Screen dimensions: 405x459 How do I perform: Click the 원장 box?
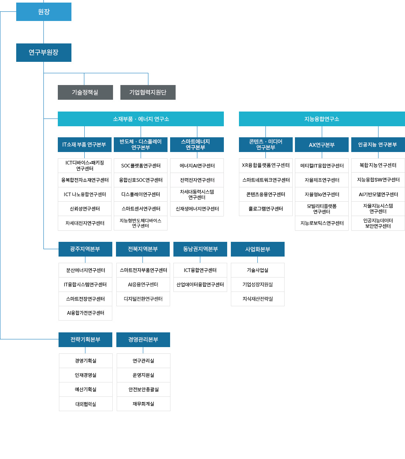44,12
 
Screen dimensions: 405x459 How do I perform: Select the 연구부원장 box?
44,53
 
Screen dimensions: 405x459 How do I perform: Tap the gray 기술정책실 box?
85,92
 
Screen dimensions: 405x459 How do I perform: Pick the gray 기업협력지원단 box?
148,92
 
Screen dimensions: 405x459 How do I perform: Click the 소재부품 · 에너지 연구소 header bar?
141,119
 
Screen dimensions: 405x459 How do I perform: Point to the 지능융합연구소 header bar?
322,119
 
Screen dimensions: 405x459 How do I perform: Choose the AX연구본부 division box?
321,145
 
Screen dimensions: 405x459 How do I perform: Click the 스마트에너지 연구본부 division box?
197,145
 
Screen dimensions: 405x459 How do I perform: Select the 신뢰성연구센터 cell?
85,209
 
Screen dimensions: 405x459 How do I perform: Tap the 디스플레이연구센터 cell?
141,194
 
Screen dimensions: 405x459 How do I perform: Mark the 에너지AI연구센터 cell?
197,166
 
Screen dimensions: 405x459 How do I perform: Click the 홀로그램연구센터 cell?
265,209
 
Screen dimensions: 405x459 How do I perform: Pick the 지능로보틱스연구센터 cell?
321,223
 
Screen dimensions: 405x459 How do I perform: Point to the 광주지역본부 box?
85,249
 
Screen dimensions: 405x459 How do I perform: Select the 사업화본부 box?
258,249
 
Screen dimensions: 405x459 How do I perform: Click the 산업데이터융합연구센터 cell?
200,285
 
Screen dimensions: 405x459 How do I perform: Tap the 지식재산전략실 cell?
258,299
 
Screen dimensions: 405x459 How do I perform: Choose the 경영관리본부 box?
143,340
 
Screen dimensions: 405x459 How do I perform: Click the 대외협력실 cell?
86,404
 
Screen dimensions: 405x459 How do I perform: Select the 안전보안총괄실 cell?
144,389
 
